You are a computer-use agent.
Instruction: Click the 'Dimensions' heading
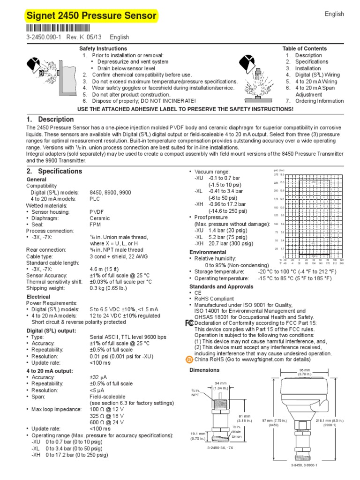[x=204, y=370]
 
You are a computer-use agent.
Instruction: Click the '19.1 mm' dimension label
[x=199, y=434]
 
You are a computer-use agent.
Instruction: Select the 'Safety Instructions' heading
[x=103, y=49]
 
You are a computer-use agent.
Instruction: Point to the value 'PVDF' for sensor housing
[x=97, y=211]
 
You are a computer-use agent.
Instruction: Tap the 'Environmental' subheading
[x=207, y=252]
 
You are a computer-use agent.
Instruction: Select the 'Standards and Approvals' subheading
[x=218, y=286]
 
